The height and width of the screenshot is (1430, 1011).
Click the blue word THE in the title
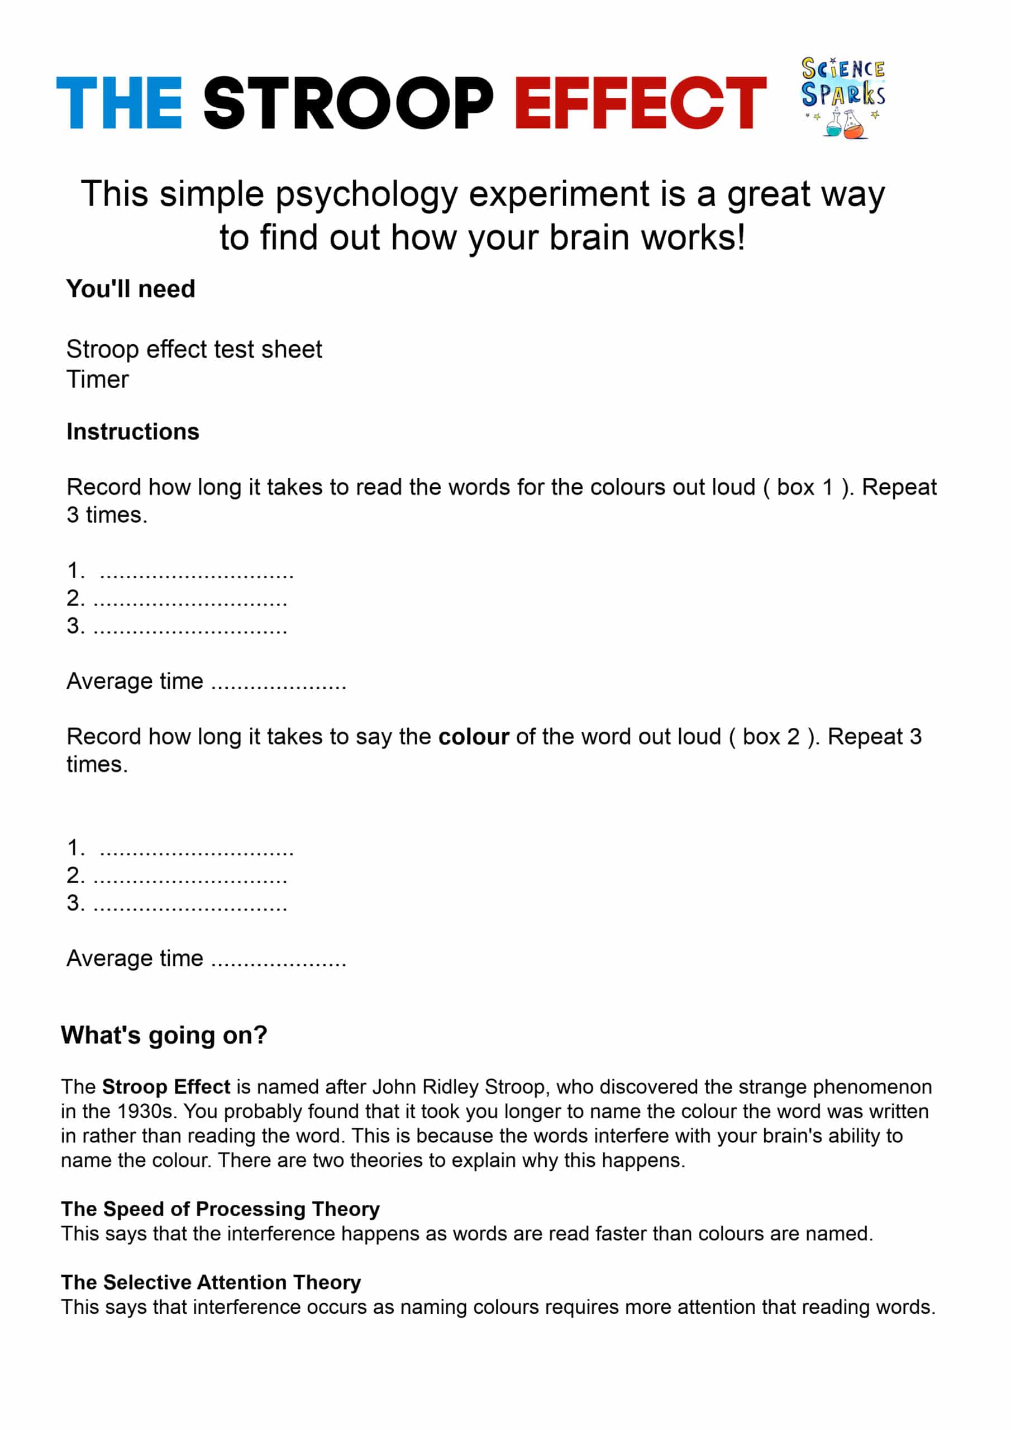(x=119, y=103)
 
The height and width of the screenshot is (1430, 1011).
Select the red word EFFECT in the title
(x=640, y=103)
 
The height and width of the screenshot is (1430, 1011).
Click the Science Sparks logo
(x=843, y=97)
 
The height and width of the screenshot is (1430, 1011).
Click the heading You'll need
(x=131, y=289)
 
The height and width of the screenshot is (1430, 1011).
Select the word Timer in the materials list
(x=98, y=379)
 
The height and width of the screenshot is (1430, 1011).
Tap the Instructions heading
(x=133, y=432)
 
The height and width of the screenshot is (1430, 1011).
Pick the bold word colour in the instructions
(x=474, y=737)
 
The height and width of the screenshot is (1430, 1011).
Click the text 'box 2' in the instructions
(x=771, y=737)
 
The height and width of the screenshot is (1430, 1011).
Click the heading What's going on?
(x=164, y=1035)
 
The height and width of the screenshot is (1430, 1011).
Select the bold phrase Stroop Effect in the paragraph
(x=166, y=1087)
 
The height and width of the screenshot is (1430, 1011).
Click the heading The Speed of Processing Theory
(x=221, y=1209)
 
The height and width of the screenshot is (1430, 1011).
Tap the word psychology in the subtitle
(x=367, y=194)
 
